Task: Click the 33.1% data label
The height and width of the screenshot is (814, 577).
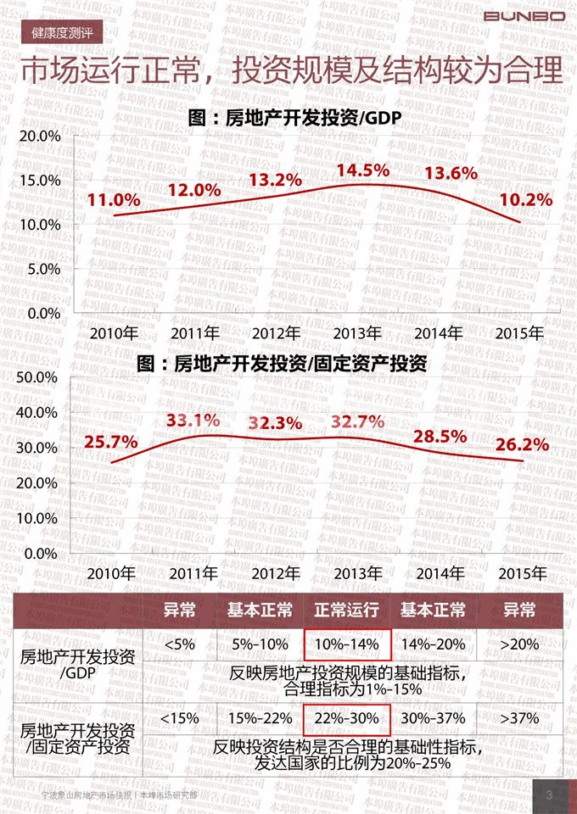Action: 193,420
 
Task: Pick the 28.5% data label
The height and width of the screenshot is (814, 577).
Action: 440,437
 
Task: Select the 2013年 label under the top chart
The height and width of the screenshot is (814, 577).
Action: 356,332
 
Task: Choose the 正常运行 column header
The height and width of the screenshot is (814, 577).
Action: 346,610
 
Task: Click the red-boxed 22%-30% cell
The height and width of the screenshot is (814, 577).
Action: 346,718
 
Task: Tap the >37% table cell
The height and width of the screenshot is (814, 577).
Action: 519,718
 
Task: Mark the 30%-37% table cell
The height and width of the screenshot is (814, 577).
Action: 433,718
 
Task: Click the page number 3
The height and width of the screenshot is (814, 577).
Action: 549,795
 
